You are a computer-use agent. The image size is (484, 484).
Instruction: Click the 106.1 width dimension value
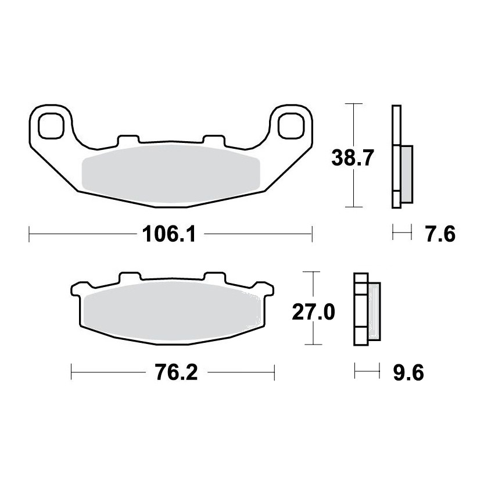coord(169,234)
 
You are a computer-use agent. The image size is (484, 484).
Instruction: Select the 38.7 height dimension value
coord(353,158)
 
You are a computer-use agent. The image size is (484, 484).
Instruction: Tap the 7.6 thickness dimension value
coord(440,234)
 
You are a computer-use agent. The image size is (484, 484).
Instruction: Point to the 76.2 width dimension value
coord(176,372)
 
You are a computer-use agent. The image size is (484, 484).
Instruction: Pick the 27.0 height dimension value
coord(313,313)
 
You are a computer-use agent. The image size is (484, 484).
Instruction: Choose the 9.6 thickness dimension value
coord(408,372)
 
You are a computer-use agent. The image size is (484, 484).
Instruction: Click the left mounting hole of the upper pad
coord(51,126)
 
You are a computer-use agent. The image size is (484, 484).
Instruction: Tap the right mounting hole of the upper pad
coord(291,126)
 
